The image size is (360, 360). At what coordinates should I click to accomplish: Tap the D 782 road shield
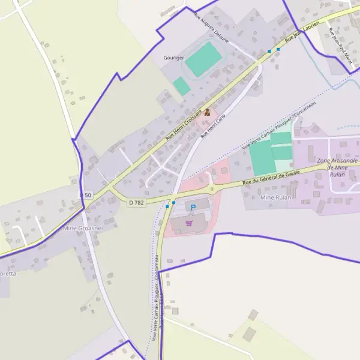click(x=136, y=203)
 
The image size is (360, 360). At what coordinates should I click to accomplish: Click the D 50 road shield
click(x=86, y=196)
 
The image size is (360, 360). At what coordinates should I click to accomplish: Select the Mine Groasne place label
click(x=83, y=229)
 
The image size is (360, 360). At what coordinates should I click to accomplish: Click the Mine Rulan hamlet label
click(x=275, y=197)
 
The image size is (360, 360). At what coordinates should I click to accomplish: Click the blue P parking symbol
click(x=193, y=208)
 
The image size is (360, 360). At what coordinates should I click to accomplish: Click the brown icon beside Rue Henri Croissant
click(x=208, y=112)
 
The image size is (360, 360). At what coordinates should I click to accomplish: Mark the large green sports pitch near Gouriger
click(x=203, y=59)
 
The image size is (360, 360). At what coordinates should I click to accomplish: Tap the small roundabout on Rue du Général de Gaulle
click(x=212, y=190)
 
